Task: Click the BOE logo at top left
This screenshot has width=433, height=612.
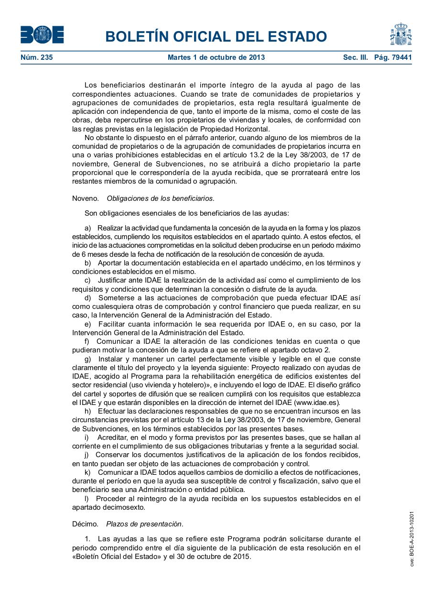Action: coord(42,34)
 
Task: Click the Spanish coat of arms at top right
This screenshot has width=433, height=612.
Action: coord(401,34)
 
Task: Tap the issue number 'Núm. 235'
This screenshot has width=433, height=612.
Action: coord(37,57)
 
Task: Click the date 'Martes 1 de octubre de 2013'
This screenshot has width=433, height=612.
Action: coord(216,57)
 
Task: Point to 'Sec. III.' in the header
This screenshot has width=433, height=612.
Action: coord(356,57)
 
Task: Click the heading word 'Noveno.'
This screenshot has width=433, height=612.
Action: coord(86,198)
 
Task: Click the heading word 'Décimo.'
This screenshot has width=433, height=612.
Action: coord(85,524)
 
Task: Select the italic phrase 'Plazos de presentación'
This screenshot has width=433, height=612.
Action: coord(144,524)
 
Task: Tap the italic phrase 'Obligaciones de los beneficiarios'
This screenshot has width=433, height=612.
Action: coord(160,198)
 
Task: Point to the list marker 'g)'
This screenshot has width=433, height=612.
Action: coord(88,359)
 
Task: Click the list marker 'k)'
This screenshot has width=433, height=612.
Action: coord(87,472)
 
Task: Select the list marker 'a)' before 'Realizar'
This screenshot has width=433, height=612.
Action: coord(87,228)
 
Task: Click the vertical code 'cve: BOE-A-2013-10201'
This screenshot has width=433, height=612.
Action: coord(411,539)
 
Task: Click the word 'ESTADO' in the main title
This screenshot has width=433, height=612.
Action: coord(293,36)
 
